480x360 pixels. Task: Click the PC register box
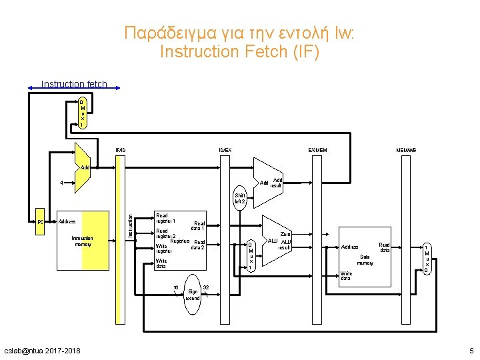click(40, 221)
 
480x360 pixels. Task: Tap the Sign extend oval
click(193, 291)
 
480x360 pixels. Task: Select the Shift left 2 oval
click(239, 198)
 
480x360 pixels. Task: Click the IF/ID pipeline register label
click(119, 150)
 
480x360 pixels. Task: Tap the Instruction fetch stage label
click(74, 84)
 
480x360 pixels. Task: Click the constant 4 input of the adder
click(61, 182)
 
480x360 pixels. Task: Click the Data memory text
click(365, 259)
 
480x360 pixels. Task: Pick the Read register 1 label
click(165, 218)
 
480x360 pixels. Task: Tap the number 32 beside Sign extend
click(206, 287)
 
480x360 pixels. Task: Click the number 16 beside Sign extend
click(176, 288)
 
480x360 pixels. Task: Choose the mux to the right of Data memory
click(427, 259)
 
